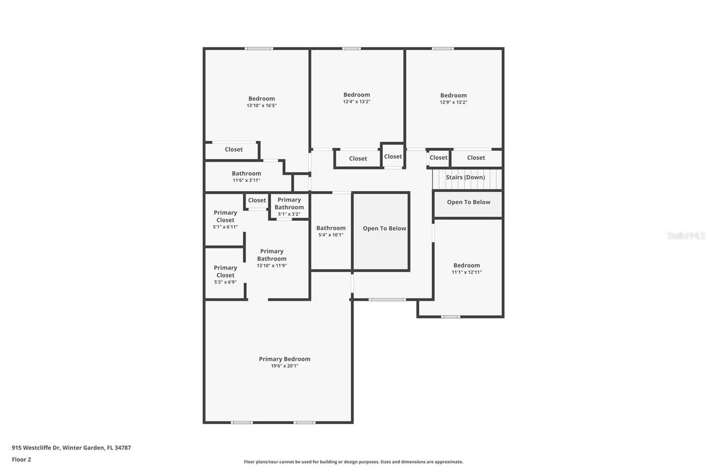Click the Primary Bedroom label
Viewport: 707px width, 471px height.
click(x=284, y=359)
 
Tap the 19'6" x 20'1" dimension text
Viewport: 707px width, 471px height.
click(x=284, y=366)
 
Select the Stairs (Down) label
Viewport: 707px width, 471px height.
click(x=465, y=177)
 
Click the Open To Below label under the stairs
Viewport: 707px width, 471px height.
click(x=468, y=202)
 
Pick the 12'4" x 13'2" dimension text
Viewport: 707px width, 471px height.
click(x=356, y=102)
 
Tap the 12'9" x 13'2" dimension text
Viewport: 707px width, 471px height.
click(x=453, y=102)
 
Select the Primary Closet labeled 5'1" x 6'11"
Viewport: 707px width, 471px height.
click(x=225, y=219)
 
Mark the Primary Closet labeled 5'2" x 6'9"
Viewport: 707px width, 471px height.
click(x=225, y=274)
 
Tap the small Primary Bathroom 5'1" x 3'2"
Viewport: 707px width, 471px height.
click(x=289, y=207)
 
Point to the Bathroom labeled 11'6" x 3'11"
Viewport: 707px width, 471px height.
click(x=246, y=177)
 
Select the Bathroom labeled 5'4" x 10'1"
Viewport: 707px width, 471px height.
click(x=331, y=231)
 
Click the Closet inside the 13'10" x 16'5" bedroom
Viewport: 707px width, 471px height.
click(x=234, y=150)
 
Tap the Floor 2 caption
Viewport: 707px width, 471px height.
click(x=22, y=459)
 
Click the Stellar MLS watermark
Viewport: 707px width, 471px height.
click(x=686, y=236)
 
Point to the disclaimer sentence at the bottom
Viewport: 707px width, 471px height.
click(x=353, y=462)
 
